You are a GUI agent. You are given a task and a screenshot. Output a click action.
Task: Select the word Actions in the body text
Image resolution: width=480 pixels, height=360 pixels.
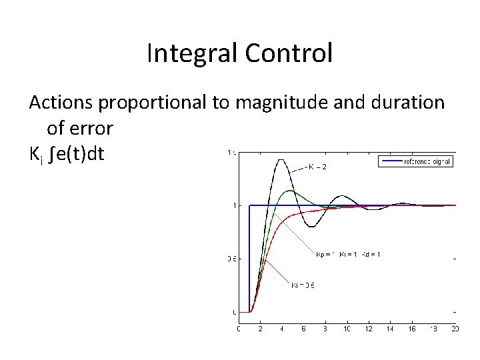pyautogui.click(x=62, y=103)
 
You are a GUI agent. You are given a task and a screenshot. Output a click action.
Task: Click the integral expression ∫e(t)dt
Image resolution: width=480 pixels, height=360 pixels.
pyautogui.click(x=79, y=154)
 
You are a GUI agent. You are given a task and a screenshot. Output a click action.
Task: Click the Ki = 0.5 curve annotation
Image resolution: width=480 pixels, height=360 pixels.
pyautogui.click(x=303, y=285)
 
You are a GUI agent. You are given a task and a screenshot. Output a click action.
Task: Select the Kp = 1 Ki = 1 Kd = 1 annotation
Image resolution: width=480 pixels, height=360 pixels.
pyautogui.click(x=347, y=254)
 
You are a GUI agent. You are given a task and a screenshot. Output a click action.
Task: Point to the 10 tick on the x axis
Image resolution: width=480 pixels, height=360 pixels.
pyautogui.click(x=347, y=329)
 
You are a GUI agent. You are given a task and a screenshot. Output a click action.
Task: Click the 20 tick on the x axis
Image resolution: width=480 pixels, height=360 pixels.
pyautogui.click(x=454, y=329)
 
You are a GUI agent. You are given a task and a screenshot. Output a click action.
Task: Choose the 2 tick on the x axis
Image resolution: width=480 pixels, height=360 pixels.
pyautogui.click(x=261, y=329)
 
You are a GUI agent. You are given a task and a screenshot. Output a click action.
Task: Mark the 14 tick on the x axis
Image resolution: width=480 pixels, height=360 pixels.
pyautogui.click(x=389, y=329)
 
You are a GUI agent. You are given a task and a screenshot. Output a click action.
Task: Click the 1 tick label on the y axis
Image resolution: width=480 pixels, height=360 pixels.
pyautogui.click(x=233, y=205)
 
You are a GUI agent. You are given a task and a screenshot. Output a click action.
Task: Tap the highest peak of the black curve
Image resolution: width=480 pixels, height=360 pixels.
pyautogui.click(x=281, y=159)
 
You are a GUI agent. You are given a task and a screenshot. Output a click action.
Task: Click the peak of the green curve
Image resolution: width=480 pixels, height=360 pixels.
pyautogui.click(x=289, y=191)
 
